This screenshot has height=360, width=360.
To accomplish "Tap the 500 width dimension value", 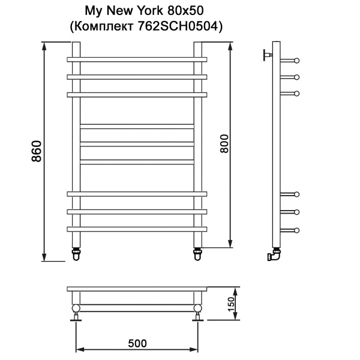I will (137, 343).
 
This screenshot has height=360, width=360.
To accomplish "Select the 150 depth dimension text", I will (230, 304).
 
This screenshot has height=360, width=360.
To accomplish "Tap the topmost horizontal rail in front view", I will (137, 60).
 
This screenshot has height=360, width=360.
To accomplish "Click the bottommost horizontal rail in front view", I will (137, 229).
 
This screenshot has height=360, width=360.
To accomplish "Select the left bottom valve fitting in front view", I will (77, 253).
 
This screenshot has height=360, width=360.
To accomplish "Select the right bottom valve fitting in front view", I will (198, 253).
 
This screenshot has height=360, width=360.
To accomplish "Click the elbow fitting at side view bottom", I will (274, 256).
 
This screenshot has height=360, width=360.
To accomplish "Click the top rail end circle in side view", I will (296, 60).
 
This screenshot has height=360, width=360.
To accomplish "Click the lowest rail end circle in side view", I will (296, 229).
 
